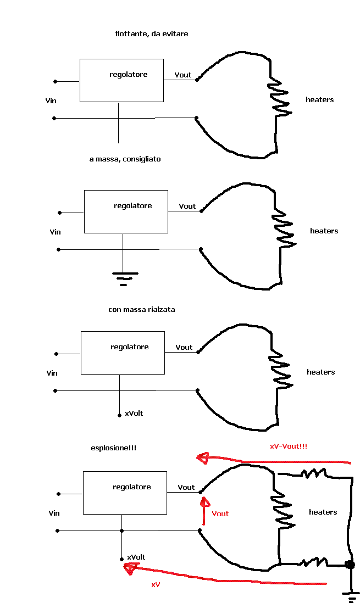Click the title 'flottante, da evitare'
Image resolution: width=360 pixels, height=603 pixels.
coord(152,34)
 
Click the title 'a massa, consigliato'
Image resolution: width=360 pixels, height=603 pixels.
coord(125,159)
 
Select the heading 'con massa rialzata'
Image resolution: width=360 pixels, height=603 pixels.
coord(142,310)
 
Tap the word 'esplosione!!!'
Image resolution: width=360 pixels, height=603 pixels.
coord(113,448)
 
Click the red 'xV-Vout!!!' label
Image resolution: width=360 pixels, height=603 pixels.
coord(289,446)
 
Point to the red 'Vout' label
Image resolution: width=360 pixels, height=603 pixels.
coord(220,513)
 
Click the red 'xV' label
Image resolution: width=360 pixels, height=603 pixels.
coord(156,585)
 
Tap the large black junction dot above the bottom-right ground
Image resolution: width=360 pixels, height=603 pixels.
coord(349,565)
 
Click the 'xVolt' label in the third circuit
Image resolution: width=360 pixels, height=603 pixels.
coord(134,413)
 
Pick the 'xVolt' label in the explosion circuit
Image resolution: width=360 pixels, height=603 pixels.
coord(136,557)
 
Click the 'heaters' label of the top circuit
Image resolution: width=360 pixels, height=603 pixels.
coord(320,99)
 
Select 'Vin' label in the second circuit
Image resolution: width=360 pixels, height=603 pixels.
coord(55,232)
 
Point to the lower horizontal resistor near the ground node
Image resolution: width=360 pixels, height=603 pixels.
coord(312,562)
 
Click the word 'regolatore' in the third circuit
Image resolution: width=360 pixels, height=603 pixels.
coord(129,347)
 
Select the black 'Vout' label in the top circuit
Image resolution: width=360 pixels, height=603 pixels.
coord(183,75)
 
